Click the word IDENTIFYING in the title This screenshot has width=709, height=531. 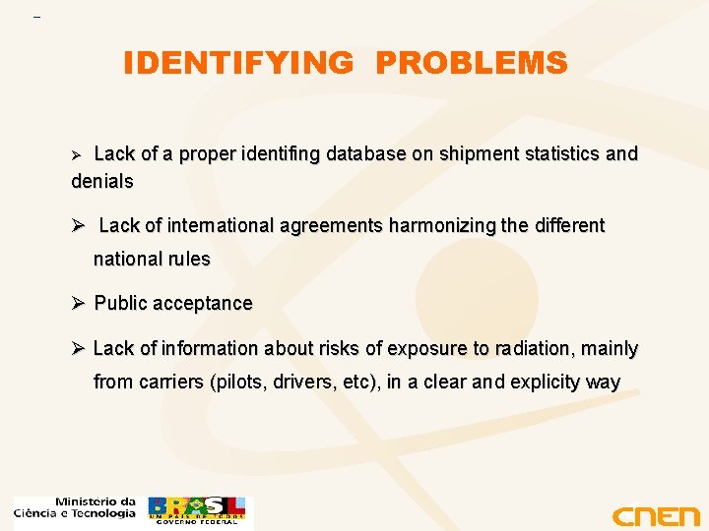click(x=237, y=64)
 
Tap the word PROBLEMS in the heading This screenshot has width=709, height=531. click(x=472, y=64)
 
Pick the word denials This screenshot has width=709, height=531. click(x=102, y=182)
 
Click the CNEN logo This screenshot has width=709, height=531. click(x=655, y=515)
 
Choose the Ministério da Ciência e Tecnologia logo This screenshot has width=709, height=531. click(x=75, y=507)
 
